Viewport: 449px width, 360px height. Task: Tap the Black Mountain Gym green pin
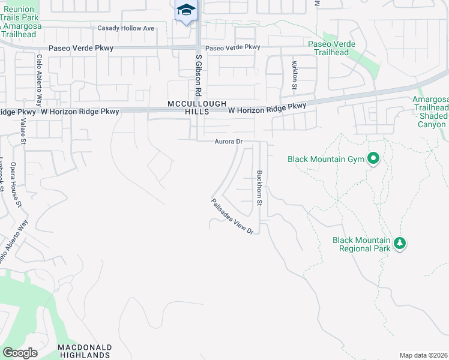pyautogui.click(x=373, y=159)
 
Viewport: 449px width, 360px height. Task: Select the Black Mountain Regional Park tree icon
pyautogui.click(x=399, y=244)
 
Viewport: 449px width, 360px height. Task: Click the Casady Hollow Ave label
pyautogui.click(x=126, y=28)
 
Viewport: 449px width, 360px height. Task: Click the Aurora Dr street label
pyautogui.click(x=228, y=142)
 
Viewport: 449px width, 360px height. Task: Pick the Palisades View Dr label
pyautogui.click(x=233, y=217)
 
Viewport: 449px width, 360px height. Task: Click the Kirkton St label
pyautogui.click(x=294, y=75)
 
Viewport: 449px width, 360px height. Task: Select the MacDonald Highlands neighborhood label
pyautogui.click(x=84, y=352)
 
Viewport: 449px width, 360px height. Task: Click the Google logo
pyautogui.click(x=20, y=353)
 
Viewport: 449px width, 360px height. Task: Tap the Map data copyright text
pyautogui.click(x=424, y=355)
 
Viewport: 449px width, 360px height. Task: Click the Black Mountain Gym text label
pyautogui.click(x=326, y=159)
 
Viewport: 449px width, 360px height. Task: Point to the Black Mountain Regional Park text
pyautogui.click(x=361, y=244)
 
